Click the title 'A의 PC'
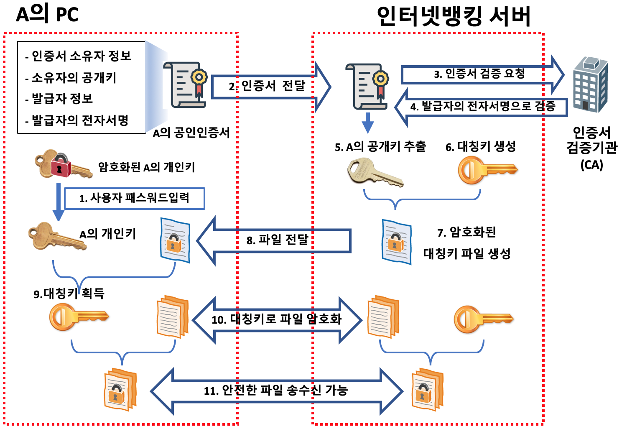pos(47,14)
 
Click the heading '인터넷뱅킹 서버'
pos(453,16)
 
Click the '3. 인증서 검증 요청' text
pos(479,74)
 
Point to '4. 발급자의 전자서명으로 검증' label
pos(482,107)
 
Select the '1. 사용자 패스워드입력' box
pos(134,198)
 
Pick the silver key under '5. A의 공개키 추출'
pos(375,172)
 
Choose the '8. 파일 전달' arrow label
pos(277,240)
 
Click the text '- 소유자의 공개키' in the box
pos(71,78)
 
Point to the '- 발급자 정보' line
pos(59,99)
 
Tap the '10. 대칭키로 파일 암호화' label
pos(276,320)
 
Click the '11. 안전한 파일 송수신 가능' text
pos(275,391)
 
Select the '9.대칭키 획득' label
pos(69,294)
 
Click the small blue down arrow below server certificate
pos(367,123)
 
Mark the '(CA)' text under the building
pos(591,165)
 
